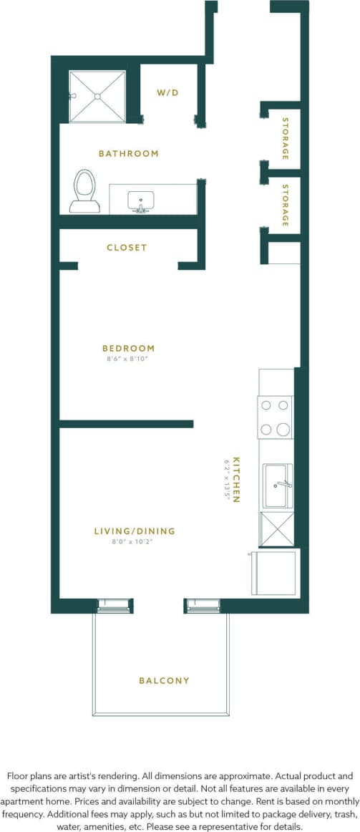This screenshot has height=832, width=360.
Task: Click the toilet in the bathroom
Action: tap(84, 190)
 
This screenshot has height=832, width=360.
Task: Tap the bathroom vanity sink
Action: tap(140, 200)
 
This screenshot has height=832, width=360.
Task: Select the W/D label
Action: tap(167, 92)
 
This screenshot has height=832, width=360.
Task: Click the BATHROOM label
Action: tap(128, 153)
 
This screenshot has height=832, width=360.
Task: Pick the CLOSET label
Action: tap(127, 247)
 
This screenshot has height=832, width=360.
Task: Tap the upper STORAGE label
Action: tap(286, 138)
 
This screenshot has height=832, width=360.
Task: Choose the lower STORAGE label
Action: tap(286, 205)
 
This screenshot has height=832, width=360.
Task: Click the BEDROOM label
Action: tap(128, 348)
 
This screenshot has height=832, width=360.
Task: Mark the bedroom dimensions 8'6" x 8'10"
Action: tap(128, 359)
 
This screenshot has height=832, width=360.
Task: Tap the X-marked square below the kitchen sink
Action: tap(276, 528)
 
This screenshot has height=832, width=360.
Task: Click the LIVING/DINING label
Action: tap(135, 531)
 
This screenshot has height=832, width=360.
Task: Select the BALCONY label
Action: tap(164, 680)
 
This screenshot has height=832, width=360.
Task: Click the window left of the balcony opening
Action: tap(114, 605)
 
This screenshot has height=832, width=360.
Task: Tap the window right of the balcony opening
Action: tap(203, 605)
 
